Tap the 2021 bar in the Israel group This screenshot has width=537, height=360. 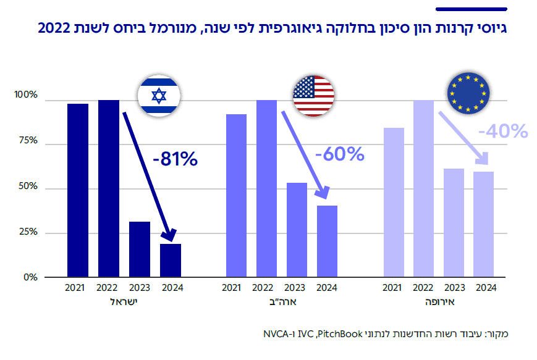point(78,190)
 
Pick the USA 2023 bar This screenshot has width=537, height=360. point(296,230)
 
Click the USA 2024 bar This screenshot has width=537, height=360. point(327,241)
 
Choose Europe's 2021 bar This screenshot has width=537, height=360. point(394,203)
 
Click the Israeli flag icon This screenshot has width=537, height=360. point(159,96)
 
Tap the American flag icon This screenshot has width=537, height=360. point(313,96)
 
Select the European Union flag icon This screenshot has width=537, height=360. point(468,94)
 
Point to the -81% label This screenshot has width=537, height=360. point(174,159)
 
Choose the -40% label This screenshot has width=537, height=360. point(502,131)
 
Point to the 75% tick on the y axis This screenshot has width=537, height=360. point(28,141)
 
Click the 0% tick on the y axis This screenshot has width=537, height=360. point(30,277)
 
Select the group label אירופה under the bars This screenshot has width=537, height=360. point(438,302)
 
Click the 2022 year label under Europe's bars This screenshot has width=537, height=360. point(423,288)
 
